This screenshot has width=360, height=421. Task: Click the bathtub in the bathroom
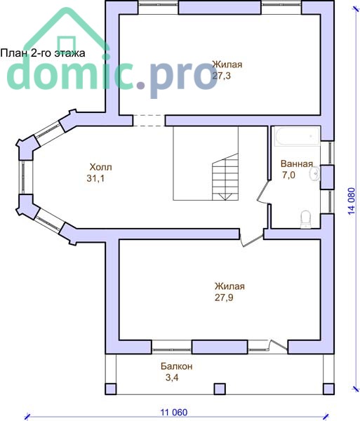(297, 136)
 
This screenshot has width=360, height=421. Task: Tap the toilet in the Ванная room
(305, 220)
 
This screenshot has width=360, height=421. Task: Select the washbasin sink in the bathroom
(314, 173)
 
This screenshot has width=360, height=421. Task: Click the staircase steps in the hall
(225, 177)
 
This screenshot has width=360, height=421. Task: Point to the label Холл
(100, 167)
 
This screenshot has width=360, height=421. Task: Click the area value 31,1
(95, 178)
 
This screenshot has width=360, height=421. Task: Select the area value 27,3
(222, 76)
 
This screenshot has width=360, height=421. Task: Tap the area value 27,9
(224, 298)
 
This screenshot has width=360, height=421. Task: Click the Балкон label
(177, 366)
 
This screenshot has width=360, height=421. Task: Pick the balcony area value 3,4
(172, 377)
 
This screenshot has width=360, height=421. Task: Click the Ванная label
(297, 163)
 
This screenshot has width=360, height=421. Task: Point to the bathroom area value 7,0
(288, 175)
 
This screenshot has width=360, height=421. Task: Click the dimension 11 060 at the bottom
(174, 412)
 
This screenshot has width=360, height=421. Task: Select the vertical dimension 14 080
(352, 201)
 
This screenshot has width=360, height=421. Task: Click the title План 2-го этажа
(43, 53)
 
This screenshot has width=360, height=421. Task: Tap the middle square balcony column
(220, 389)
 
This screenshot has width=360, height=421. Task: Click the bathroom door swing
(263, 192)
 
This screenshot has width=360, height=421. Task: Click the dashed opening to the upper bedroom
(149, 121)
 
